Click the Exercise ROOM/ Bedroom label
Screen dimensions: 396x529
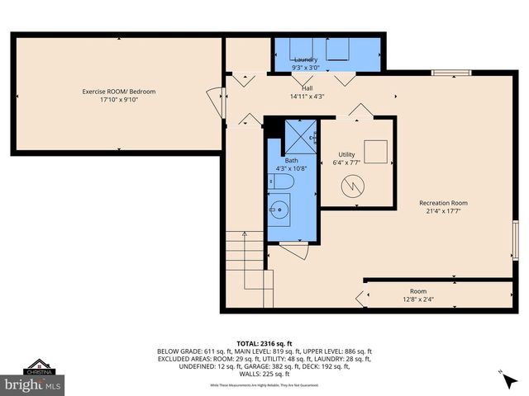(118, 91)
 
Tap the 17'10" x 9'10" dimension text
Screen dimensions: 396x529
(118, 100)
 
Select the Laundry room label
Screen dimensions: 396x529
(306, 60)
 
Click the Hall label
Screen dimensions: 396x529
(307, 87)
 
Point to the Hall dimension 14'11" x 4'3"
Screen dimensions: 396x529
(307, 97)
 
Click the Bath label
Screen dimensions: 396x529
(292, 160)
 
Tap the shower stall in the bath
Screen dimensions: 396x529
(301, 134)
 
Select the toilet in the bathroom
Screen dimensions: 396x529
(279, 181)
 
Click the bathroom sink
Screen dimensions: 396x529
(279, 211)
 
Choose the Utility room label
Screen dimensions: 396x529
(346, 154)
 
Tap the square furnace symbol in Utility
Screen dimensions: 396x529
(376, 153)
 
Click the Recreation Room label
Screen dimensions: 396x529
(443, 203)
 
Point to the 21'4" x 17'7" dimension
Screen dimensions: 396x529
(443, 212)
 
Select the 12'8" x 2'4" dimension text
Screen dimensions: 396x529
(418, 299)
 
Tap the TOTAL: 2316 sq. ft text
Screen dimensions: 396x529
(264, 342)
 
